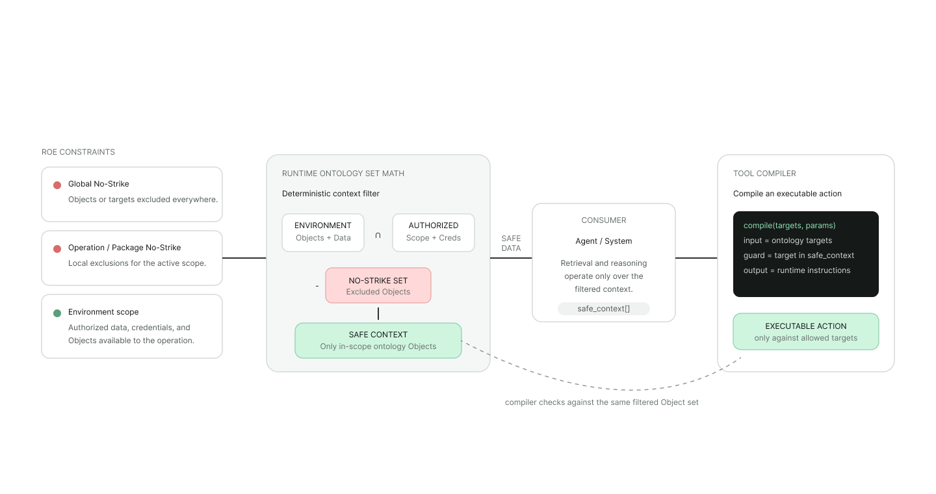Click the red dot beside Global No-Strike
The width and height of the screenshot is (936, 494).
click(57, 185)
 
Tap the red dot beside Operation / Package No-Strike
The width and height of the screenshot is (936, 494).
click(57, 249)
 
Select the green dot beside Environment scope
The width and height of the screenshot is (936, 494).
click(57, 313)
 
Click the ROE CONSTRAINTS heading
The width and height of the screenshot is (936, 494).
click(78, 152)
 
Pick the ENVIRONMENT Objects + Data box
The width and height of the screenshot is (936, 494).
click(323, 233)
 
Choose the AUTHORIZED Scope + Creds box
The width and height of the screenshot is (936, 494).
click(434, 233)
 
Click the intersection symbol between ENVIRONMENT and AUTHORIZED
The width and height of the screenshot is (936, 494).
click(378, 235)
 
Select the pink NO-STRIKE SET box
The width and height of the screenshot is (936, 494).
click(378, 285)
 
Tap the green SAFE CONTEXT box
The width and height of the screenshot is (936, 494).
click(378, 341)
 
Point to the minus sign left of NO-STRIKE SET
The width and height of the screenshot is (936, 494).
click(317, 286)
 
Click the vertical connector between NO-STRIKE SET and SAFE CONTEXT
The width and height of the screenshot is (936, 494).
click(378, 313)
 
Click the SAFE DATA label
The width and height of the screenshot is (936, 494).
click(511, 243)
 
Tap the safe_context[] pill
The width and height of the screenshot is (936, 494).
click(603, 309)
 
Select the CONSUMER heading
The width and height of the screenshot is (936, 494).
click(604, 220)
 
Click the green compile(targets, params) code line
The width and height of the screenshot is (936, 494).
click(789, 226)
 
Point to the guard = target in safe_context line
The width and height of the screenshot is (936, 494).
click(798, 255)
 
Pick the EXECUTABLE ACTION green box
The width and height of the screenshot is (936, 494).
click(805, 331)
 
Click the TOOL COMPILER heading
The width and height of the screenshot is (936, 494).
click(764, 174)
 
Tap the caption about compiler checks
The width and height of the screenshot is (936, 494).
click(601, 402)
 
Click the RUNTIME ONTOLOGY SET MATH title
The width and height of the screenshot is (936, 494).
click(343, 174)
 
